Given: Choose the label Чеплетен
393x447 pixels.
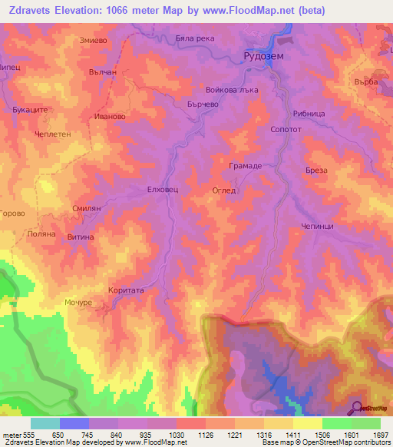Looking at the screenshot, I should pos(51,134).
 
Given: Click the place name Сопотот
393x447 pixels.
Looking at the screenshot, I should pos(286,131).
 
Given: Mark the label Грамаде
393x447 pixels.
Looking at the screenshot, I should pos(246,166).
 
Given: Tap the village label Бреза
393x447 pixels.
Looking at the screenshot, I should pos(316,171).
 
